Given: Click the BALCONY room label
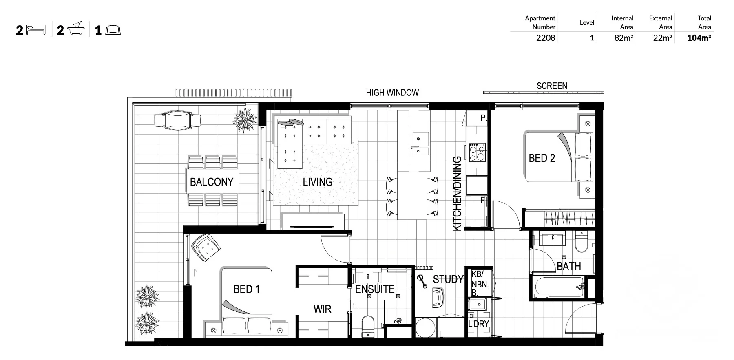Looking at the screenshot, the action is (x=212, y=182).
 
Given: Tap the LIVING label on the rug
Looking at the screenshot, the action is (x=318, y=182).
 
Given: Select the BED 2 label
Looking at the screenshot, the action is (x=542, y=158).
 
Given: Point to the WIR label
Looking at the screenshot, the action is (x=323, y=309).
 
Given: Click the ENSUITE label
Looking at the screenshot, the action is (x=375, y=289).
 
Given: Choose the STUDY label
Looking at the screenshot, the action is (x=448, y=280).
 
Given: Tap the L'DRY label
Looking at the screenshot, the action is (x=478, y=324).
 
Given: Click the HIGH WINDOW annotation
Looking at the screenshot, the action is (x=392, y=93).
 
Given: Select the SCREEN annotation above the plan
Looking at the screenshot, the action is (x=552, y=86).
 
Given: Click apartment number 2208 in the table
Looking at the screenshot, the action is (x=546, y=38).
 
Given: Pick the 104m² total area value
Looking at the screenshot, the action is (x=699, y=38).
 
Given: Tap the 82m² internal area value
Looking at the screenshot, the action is (x=624, y=38).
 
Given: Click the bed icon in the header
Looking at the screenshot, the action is (x=36, y=30).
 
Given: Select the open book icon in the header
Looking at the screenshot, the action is (x=113, y=30).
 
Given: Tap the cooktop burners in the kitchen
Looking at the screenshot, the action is (x=477, y=152).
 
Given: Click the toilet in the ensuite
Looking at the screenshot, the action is (x=368, y=326).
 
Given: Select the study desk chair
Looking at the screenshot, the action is (x=438, y=298).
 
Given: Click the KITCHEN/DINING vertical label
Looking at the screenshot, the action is (x=457, y=194).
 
